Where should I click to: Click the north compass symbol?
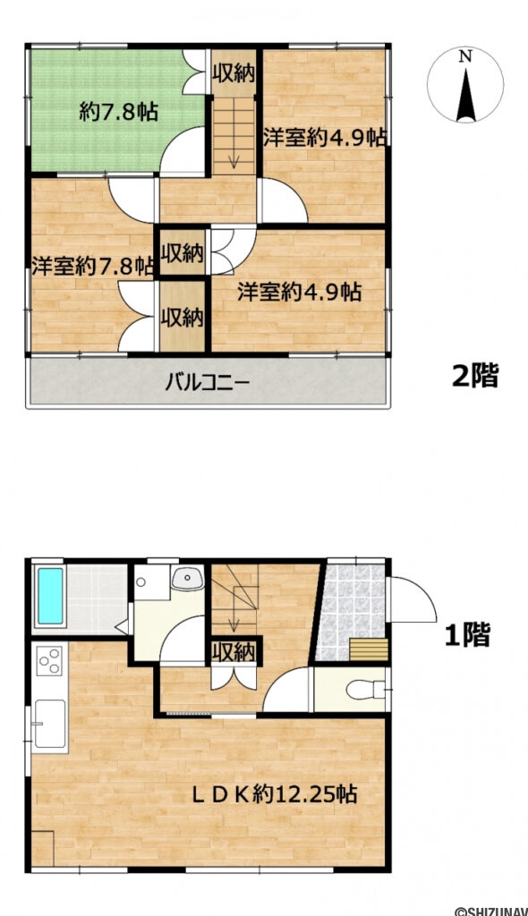[464, 86]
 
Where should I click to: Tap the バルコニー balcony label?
[207, 384]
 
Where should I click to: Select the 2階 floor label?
[473, 377]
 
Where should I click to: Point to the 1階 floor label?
[468, 635]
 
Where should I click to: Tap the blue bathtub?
[50, 597]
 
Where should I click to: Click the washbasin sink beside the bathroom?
[187, 579]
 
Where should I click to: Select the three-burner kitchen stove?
[50, 663]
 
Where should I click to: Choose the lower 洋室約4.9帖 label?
[299, 292]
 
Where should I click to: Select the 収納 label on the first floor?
[234, 650]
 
